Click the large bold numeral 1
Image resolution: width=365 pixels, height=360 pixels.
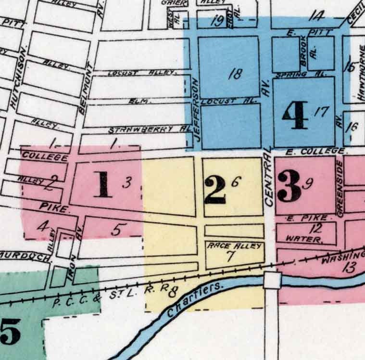(x=103, y=185)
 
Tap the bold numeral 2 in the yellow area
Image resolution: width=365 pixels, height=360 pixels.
(x=214, y=190)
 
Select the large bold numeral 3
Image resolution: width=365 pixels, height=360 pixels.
(x=289, y=187)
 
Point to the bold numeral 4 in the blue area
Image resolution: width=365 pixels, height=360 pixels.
(x=295, y=116)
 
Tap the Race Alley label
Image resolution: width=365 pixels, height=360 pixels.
(x=234, y=246)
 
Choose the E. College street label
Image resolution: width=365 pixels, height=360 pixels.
(x=315, y=152)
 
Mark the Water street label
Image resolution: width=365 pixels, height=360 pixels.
(x=303, y=238)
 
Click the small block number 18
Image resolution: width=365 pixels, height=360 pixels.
(x=236, y=74)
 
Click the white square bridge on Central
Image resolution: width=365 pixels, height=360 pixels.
(x=272, y=280)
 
